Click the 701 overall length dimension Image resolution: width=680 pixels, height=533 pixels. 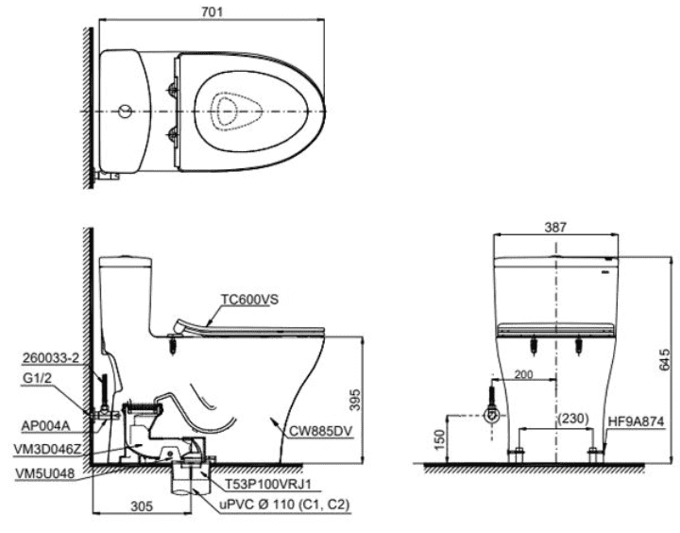[212, 11]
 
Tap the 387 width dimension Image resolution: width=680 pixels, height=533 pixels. [555, 227]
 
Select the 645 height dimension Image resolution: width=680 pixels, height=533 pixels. [665, 359]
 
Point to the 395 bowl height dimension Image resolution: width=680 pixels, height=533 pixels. [354, 400]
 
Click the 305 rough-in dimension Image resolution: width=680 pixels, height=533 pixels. [142, 507]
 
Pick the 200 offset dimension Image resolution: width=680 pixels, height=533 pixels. [523, 374]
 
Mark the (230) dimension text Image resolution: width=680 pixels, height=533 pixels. [573, 419]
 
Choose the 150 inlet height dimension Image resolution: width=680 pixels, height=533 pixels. [439, 439]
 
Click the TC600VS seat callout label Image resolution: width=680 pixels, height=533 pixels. [249, 300]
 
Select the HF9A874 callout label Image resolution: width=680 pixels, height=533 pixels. [636, 421]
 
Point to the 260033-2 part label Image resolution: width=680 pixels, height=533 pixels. [51, 358]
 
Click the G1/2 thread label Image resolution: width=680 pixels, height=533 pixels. [37, 378]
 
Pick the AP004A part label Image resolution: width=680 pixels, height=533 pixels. [45, 426]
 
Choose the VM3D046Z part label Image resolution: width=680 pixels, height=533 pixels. [47, 450]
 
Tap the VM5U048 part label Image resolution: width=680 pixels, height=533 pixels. [44, 473]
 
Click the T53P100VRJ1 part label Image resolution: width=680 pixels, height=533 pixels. [268, 484]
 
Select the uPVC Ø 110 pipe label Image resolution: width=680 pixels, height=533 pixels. [284, 505]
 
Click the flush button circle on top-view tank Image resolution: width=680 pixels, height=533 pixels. [126, 112]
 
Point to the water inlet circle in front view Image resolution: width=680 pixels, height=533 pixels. [492, 416]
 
